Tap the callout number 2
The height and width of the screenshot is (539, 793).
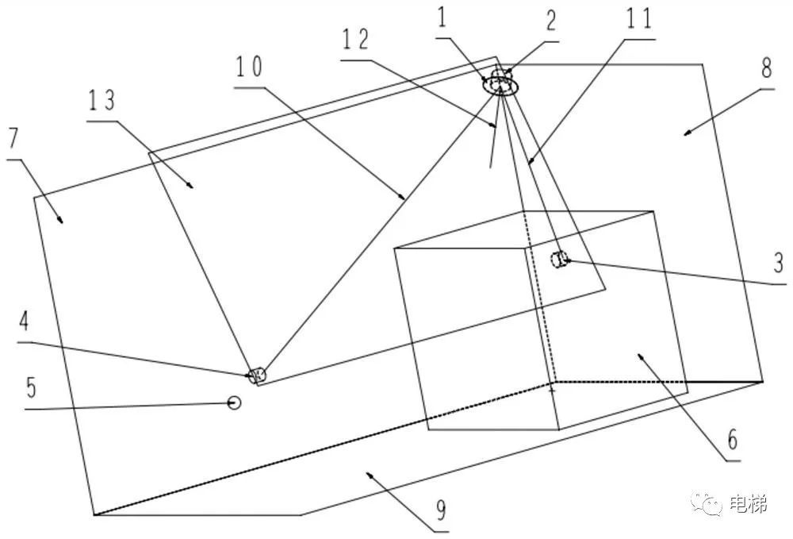[x=550, y=21]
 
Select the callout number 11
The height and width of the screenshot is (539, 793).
[x=638, y=18]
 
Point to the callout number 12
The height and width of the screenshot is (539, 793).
[x=356, y=40]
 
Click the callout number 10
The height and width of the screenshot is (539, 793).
[x=249, y=67]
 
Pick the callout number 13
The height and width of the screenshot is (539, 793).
[x=102, y=100]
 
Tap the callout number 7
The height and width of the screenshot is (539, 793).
[x=13, y=138]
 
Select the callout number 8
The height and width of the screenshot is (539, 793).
[x=767, y=67]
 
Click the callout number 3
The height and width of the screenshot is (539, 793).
[x=779, y=263]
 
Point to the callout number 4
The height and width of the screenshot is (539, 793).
[x=25, y=321]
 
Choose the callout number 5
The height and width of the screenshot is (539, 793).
[x=32, y=387]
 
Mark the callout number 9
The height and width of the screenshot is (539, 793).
[x=441, y=510]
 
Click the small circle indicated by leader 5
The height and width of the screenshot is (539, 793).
[x=234, y=402]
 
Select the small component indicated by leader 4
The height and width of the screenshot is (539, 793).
[x=258, y=375]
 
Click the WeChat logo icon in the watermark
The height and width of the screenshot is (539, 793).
[x=708, y=503]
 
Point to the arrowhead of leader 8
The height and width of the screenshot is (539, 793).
[x=687, y=133]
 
